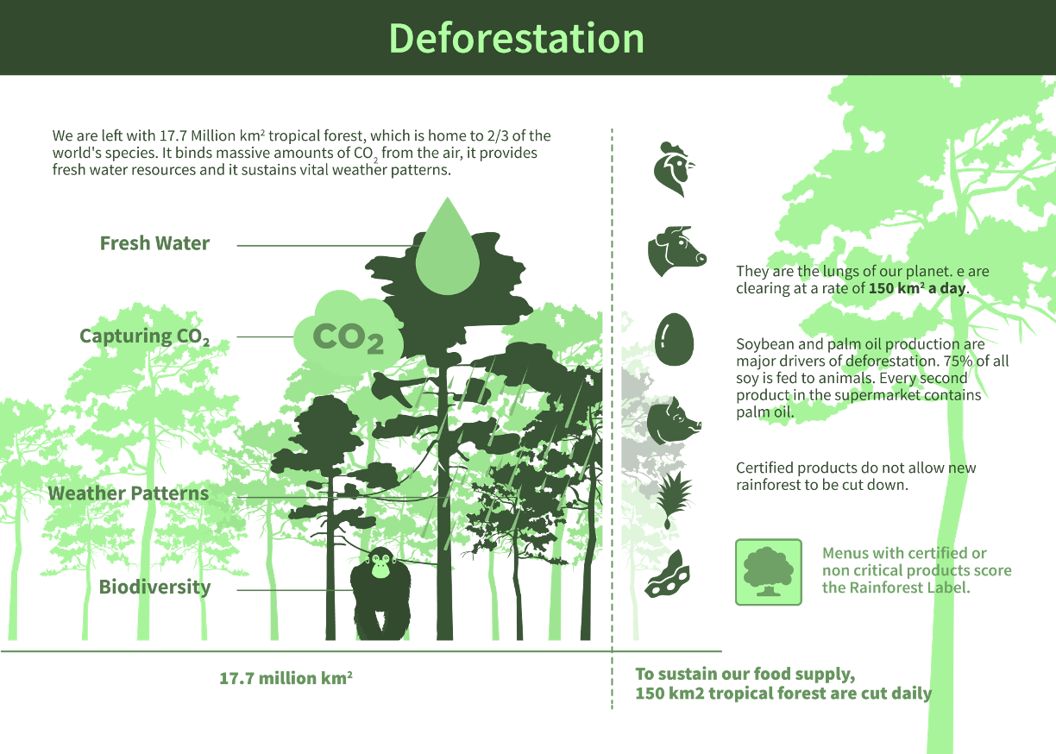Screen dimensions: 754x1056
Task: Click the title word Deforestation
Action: (516, 39)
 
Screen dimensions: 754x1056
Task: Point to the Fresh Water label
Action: (154, 243)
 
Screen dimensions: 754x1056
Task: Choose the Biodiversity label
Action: (154, 587)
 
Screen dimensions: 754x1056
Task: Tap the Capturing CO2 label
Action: (143, 336)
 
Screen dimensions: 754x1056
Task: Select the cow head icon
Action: (676, 251)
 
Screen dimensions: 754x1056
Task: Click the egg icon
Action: (674, 337)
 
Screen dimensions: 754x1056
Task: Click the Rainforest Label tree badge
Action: (768, 572)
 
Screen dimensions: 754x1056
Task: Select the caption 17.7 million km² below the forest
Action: (286, 679)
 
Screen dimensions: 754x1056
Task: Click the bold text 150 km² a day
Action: (917, 289)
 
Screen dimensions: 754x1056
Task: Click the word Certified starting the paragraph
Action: (764, 468)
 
